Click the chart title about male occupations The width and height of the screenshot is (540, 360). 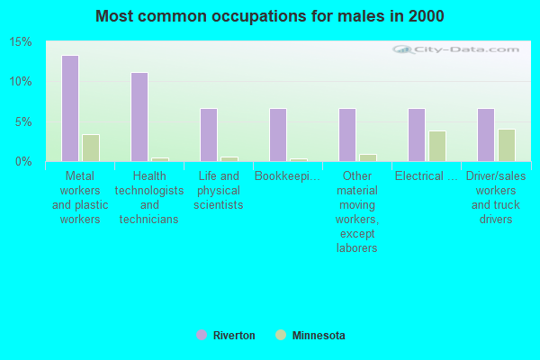[270, 16]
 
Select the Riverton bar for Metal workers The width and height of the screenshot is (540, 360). [70, 108]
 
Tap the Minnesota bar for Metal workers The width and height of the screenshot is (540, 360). [91, 148]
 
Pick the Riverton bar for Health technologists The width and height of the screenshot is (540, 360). [139, 117]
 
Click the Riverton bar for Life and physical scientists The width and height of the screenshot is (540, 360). [209, 135]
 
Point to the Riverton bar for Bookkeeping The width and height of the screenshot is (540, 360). [278, 135]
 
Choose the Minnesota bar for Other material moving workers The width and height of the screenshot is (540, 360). [368, 157]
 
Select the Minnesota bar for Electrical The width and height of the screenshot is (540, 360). [437, 146]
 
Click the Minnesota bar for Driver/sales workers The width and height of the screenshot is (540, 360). [507, 146]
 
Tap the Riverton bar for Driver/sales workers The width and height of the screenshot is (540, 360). [486, 135]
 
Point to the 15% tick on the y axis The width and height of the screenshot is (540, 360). [21, 42]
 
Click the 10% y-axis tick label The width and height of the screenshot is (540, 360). [21, 82]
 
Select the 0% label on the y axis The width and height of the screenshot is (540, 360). [23, 162]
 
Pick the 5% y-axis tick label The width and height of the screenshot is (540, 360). [23, 121]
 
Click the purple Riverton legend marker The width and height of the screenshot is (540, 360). [202, 335]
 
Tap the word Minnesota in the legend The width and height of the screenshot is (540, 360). [319, 335]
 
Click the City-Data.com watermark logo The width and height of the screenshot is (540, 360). [455, 49]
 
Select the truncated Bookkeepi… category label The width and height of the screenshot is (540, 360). [288, 176]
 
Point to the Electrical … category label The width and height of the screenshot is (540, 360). [427, 176]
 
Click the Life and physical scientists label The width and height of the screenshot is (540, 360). [219, 191]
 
